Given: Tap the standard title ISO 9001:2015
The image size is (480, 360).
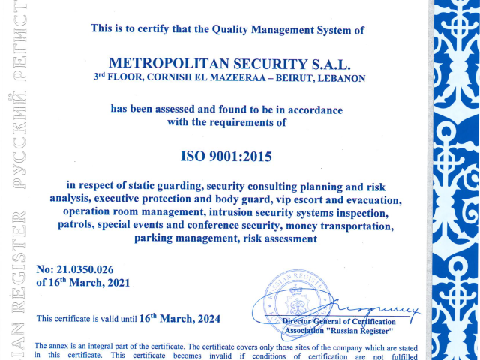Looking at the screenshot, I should (x=226, y=157).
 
